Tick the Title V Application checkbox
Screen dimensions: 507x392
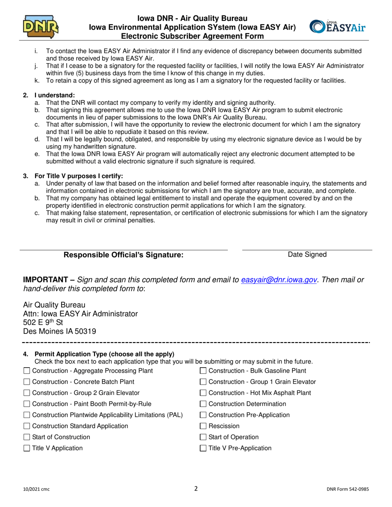pyautogui.click(x=27, y=448)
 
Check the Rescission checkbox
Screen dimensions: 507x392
pyautogui.click(x=203, y=426)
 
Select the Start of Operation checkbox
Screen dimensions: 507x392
pyautogui.click(x=203, y=437)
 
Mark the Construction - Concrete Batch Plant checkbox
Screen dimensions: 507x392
pyautogui.click(x=27, y=382)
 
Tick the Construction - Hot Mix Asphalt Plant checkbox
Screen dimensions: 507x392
pyautogui.click(x=203, y=393)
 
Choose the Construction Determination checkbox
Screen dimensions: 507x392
pyautogui.click(x=203, y=404)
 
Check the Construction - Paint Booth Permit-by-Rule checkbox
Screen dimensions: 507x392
pyautogui.click(x=27, y=404)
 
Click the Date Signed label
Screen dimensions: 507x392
pyautogui.click(x=307, y=255)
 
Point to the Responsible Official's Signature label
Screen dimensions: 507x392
pyautogui.click(x=123, y=255)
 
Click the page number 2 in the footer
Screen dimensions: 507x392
pyautogui.click(x=196, y=489)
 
